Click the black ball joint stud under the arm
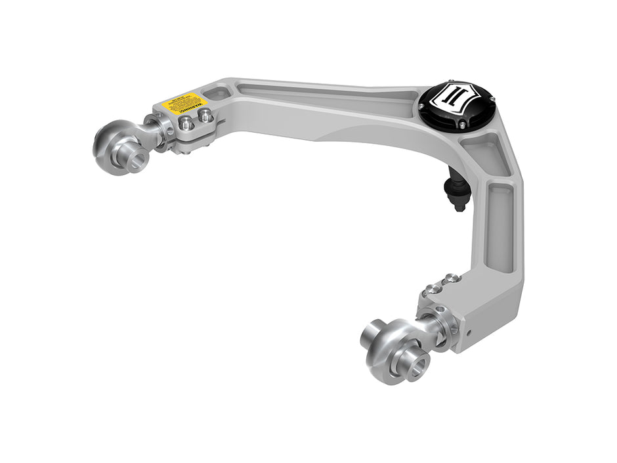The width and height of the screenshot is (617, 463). pos(458,191)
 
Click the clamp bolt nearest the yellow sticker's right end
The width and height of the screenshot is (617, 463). pos(205,117)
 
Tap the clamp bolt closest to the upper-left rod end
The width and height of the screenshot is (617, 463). pos(186,123)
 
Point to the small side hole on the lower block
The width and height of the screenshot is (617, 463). pos(469,331)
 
